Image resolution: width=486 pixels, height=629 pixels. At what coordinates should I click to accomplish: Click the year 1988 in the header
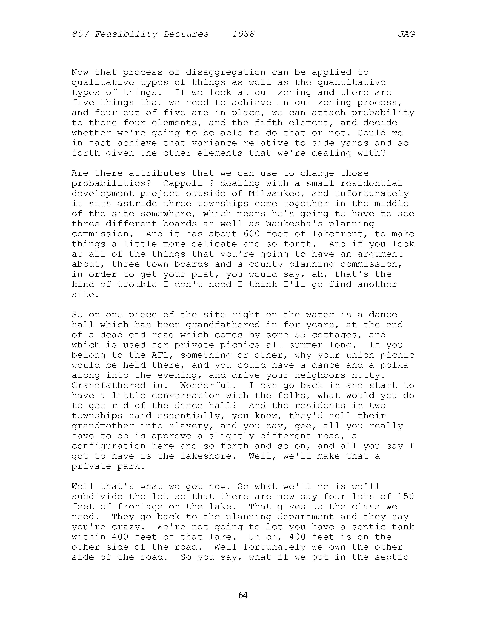243,34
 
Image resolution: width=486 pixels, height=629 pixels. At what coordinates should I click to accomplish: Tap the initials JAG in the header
406,34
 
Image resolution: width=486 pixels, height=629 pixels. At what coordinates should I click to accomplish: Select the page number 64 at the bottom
243,595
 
